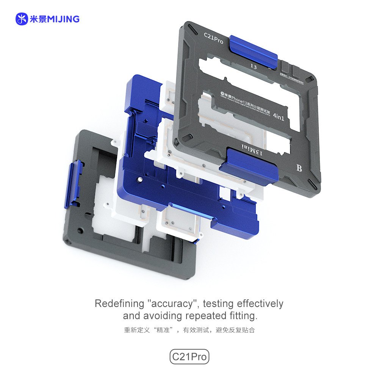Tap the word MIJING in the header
click(x=63, y=19)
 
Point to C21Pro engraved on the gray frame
click(x=213, y=38)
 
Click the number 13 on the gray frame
click(x=253, y=66)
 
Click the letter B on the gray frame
click(x=299, y=168)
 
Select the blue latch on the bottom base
click(x=74, y=184)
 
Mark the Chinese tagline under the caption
click(x=189, y=330)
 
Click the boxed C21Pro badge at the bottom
click(x=189, y=357)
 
